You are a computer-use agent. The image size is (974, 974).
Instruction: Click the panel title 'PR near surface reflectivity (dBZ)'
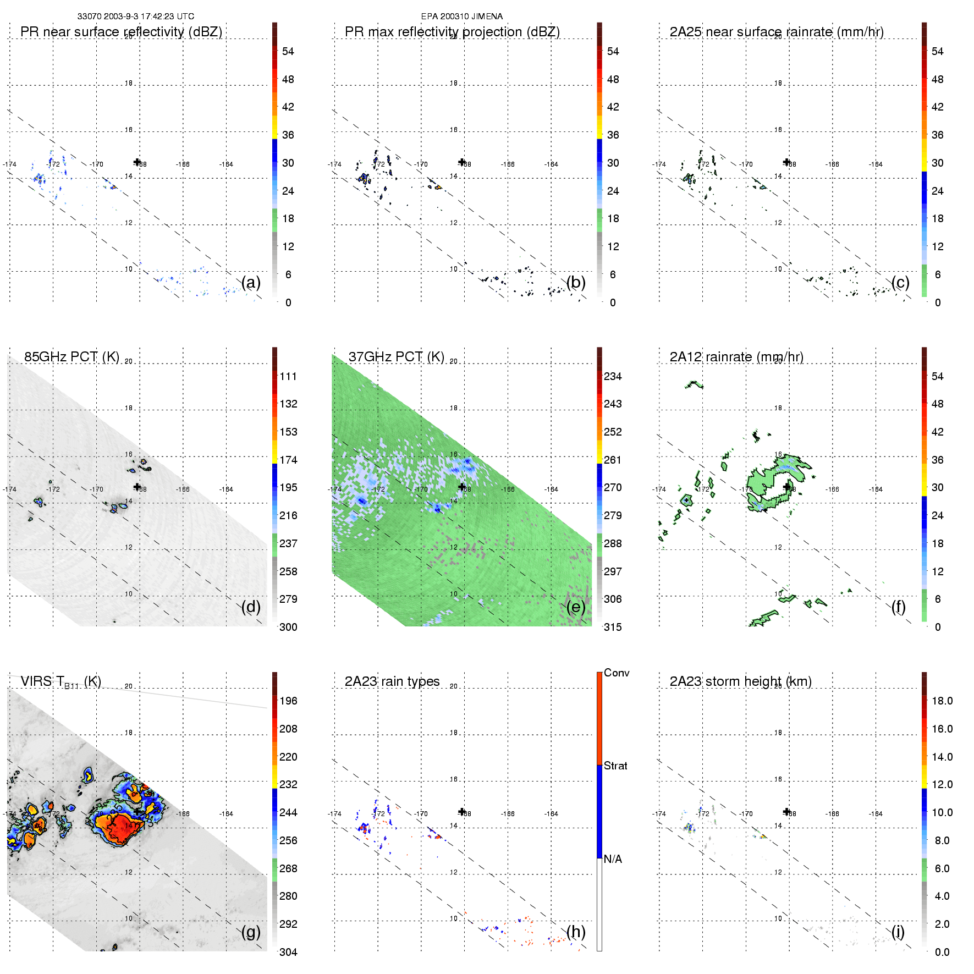pyautogui.click(x=121, y=32)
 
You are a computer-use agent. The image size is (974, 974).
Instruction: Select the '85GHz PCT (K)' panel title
pyautogui.click(x=71, y=357)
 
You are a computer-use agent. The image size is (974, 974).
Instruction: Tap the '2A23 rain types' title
pyautogui.click(x=392, y=681)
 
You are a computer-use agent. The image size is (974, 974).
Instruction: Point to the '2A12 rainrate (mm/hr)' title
pyautogui.click(x=736, y=357)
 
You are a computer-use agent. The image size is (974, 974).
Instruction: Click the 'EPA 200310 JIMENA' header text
pyautogui.click(x=462, y=16)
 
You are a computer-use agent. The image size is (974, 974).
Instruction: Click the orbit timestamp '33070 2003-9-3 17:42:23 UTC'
pyautogui.click(x=136, y=16)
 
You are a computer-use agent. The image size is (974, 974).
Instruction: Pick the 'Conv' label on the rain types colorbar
pyautogui.click(x=617, y=673)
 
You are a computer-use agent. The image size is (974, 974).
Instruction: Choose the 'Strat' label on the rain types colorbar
pyautogui.click(x=615, y=766)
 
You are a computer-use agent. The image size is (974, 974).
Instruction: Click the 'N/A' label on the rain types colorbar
pyautogui.click(x=613, y=859)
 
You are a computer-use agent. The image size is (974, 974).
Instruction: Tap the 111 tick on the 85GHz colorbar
pyautogui.click(x=288, y=376)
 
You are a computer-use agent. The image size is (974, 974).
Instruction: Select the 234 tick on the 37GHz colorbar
pyautogui.click(x=613, y=376)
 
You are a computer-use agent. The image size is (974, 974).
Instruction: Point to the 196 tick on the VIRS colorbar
pyautogui.click(x=288, y=701)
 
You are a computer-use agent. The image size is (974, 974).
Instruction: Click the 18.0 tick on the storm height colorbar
pyautogui.click(x=942, y=701)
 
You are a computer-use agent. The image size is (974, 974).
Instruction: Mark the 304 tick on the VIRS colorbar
pyautogui.click(x=288, y=952)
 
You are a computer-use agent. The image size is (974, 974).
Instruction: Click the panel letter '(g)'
pyautogui.click(x=251, y=932)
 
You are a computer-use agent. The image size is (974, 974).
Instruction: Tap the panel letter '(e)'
pyautogui.click(x=576, y=607)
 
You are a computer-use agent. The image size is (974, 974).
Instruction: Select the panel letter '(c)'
pyautogui.click(x=900, y=282)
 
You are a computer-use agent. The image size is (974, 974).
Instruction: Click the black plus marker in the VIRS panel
pyautogui.click(x=137, y=811)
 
